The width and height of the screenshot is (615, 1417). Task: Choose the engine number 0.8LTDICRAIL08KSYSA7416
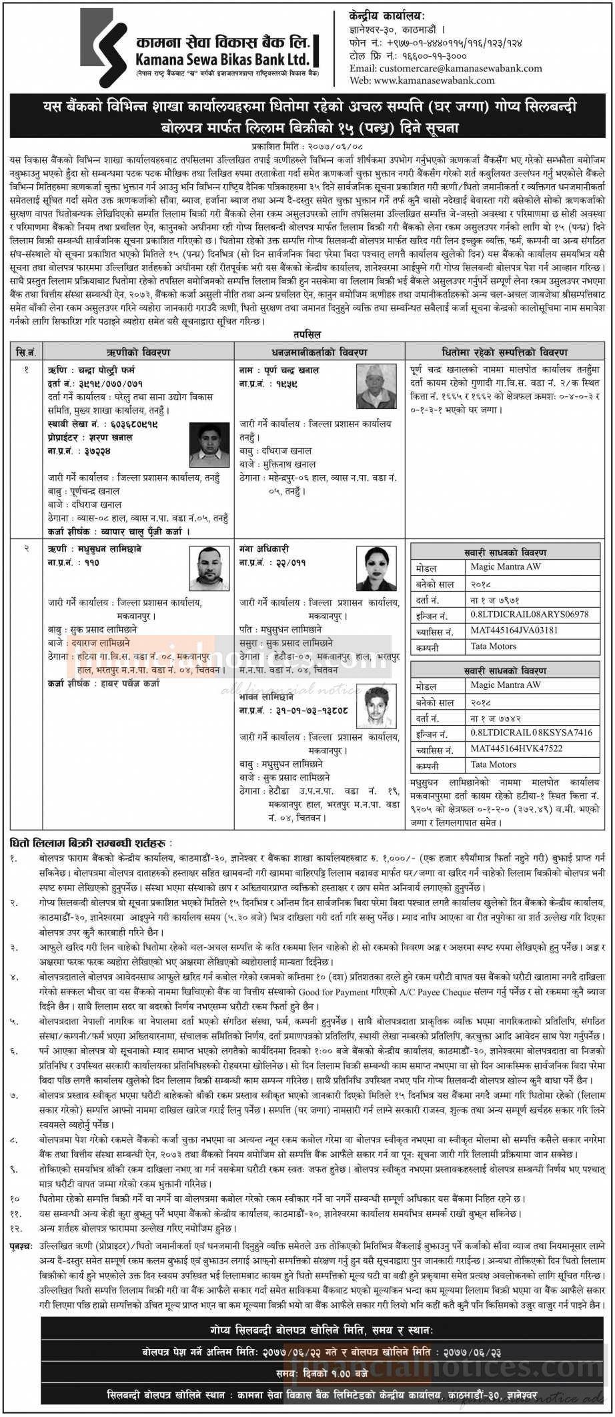click(x=531, y=733)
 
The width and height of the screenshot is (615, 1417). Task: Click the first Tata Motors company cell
click(x=493, y=646)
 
